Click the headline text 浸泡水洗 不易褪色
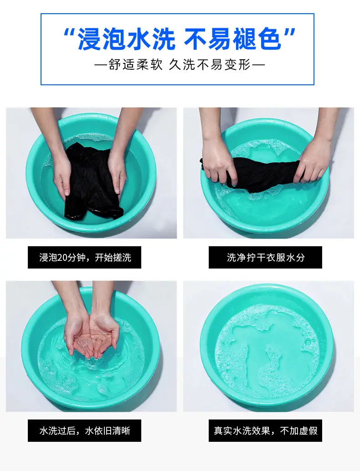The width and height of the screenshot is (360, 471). tap(180, 38)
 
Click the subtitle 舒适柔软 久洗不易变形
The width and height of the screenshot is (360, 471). tap(180, 65)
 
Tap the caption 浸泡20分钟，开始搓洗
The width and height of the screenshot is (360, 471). tap(85, 258)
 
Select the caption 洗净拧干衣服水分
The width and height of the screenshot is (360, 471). tap(266, 258)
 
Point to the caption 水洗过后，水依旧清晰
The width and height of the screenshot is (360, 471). tap(85, 431)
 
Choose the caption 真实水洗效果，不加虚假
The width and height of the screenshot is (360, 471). tap(266, 431)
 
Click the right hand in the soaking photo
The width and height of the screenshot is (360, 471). tap(118, 173)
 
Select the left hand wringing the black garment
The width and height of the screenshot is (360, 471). tap(219, 164)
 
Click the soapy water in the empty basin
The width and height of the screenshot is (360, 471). tap(267, 348)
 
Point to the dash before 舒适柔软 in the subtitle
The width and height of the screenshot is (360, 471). tap(101, 65)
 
